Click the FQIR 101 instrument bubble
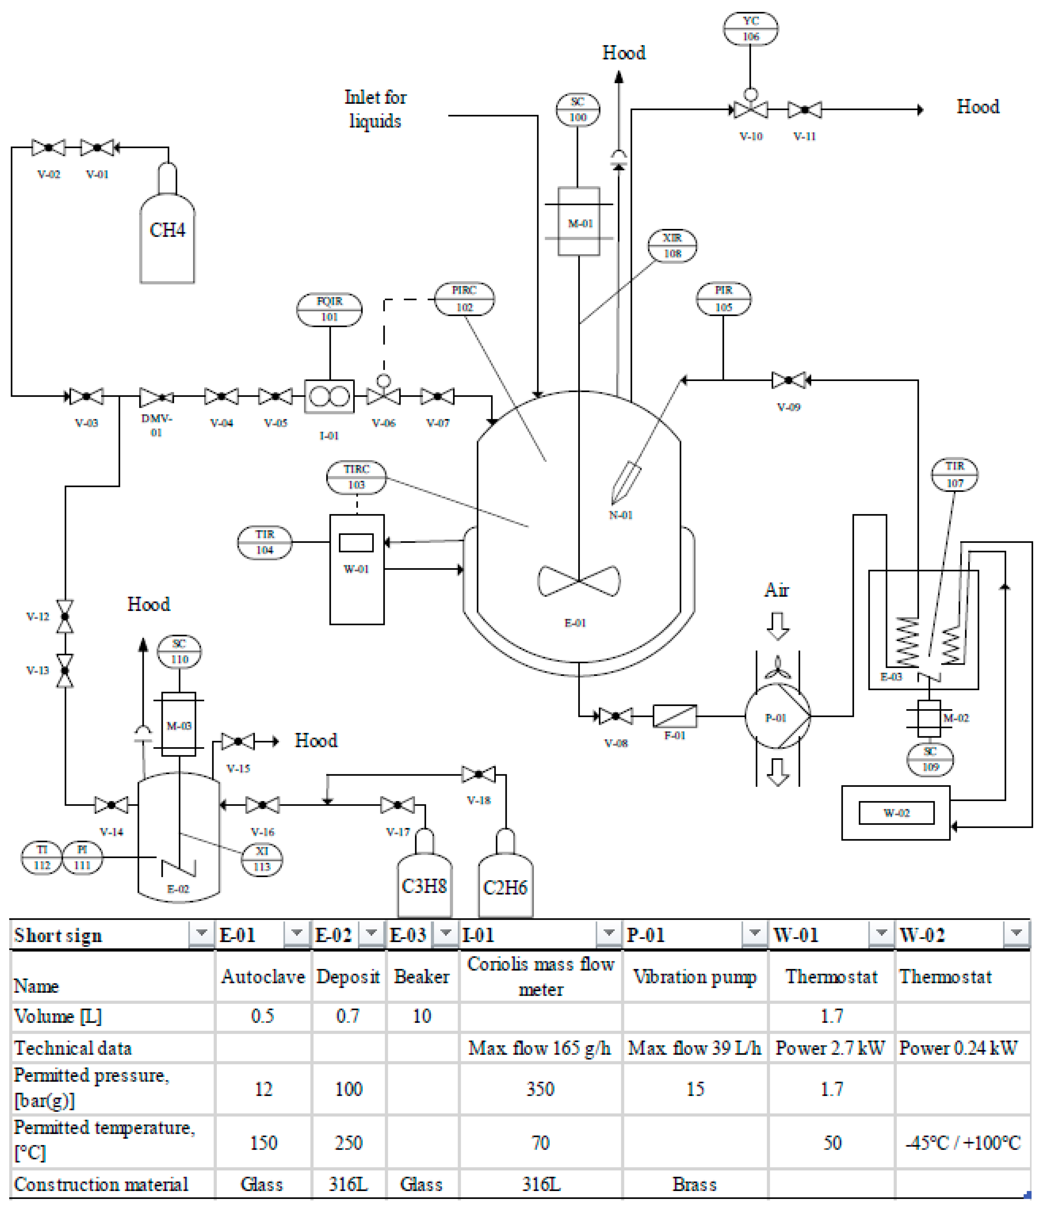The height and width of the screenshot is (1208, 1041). tap(329, 309)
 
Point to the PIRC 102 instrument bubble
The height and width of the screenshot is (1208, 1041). tap(464, 298)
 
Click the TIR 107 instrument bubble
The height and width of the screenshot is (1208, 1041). tap(954, 475)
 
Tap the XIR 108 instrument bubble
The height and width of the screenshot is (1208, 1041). tap(672, 245)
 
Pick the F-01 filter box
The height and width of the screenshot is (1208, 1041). tap(675, 716)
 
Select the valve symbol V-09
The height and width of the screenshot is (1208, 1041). tap(788, 380)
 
